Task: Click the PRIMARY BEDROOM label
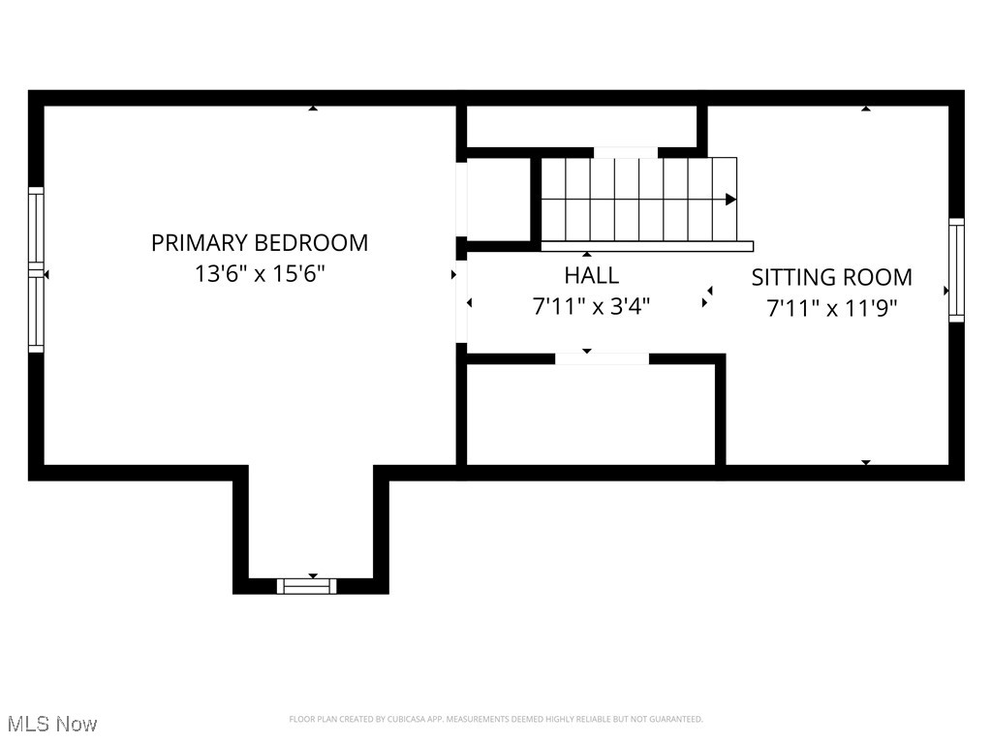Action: click(x=259, y=242)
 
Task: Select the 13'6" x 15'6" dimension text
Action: click(x=259, y=273)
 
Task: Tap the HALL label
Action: click(x=591, y=275)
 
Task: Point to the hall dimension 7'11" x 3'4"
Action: click(x=591, y=306)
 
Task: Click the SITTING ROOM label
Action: click(x=831, y=277)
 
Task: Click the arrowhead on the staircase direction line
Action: click(x=731, y=200)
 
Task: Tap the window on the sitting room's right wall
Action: click(x=956, y=270)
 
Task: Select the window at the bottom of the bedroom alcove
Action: click(x=306, y=585)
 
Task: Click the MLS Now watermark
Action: click(x=52, y=724)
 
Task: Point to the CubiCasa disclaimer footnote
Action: click(x=495, y=719)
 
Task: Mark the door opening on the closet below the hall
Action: click(x=602, y=358)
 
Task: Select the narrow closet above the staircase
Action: click(x=581, y=126)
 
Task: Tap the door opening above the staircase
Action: click(x=625, y=152)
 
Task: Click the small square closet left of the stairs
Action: click(x=499, y=199)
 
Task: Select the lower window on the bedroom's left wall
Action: click(x=36, y=312)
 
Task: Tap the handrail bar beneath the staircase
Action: click(x=646, y=246)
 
